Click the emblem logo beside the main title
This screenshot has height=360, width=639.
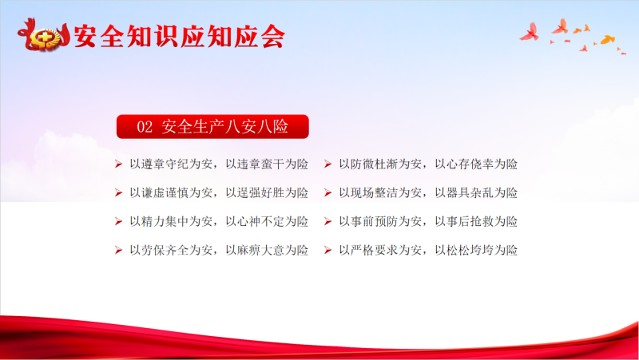pyautogui.click(x=44, y=36)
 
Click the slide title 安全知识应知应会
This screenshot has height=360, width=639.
pyautogui.click(x=179, y=36)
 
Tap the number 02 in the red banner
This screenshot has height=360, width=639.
pyautogui.click(x=145, y=127)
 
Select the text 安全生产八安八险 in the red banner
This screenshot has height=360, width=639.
pyautogui.click(x=225, y=126)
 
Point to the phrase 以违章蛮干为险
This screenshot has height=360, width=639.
pyautogui.click(x=267, y=164)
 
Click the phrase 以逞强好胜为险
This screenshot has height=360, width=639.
pyautogui.click(x=267, y=192)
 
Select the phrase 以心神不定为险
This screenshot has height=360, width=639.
pyautogui.click(x=267, y=221)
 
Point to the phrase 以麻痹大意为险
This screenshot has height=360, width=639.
pyautogui.click(x=267, y=250)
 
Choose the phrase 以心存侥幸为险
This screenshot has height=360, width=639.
pyautogui.click(x=476, y=164)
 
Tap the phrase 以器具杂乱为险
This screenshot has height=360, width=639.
pyautogui.click(x=476, y=192)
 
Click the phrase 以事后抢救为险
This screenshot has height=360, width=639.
pyautogui.click(x=476, y=221)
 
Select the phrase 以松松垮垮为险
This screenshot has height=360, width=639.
pyautogui.click(x=476, y=250)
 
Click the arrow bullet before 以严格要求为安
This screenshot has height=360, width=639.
pyautogui.click(x=327, y=250)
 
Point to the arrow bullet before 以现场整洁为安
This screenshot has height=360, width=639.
pyautogui.click(x=327, y=192)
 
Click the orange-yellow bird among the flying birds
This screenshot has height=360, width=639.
pyautogui.click(x=608, y=39)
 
